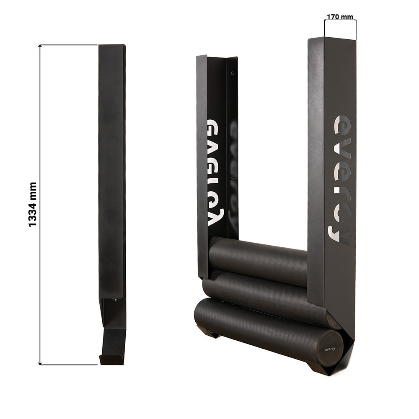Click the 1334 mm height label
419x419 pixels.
(x=32, y=204)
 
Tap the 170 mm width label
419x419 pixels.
(x=340, y=17)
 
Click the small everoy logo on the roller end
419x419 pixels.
(x=330, y=349)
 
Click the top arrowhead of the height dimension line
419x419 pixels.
(x=40, y=46)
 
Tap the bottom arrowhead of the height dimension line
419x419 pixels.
(x=40, y=363)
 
